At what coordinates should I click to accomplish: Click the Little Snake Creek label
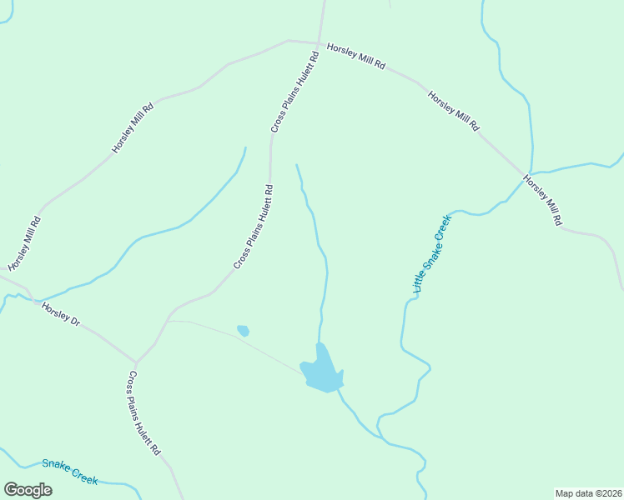[x=432, y=253]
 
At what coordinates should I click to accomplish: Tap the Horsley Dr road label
[x=60, y=314]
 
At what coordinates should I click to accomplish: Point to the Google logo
[x=28, y=490]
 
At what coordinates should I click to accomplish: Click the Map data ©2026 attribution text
[x=588, y=492]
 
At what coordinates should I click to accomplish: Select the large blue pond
[x=322, y=372]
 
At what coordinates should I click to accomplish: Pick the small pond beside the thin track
[x=243, y=331]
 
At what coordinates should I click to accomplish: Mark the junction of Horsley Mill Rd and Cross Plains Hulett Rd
[x=319, y=42]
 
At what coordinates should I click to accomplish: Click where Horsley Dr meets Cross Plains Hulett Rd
[x=136, y=363]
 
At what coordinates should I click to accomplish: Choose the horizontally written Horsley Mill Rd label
[x=355, y=57]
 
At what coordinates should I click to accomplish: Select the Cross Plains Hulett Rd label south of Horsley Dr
[x=143, y=413]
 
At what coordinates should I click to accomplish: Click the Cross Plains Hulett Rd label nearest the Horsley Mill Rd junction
[x=295, y=92]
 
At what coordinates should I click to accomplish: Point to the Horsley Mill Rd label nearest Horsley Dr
[x=24, y=244]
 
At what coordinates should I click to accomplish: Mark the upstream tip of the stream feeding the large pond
[x=296, y=165]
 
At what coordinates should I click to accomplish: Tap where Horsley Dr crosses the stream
[x=18, y=295]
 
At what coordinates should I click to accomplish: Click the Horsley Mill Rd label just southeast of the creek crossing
[x=544, y=200]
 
